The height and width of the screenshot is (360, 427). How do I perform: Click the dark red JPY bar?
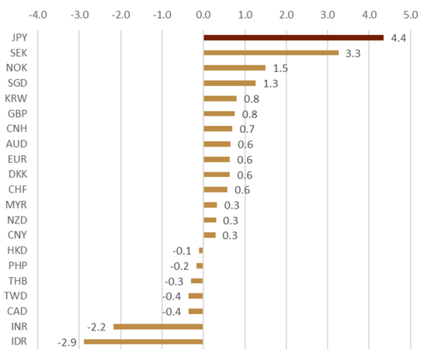click(x=293, y=38)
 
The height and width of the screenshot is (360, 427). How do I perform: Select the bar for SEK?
click(x=271, y=53)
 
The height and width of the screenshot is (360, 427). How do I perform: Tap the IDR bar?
click(x=144, y=342)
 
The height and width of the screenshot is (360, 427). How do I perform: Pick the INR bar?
click(x=158, y=327)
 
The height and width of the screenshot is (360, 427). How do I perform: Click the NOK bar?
click(x=234, y=67)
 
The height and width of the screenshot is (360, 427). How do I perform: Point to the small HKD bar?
click(x=201, y=251)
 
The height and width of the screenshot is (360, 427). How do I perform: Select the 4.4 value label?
click(x=398, y=38)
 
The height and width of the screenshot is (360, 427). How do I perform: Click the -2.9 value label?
click(x=67, y=342)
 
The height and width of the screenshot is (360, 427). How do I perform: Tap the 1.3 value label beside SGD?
click(x=271, y=84)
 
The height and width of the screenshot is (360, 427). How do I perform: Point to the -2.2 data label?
click(x=96, y=327)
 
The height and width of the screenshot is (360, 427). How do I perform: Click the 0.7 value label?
click(x=247, y=129)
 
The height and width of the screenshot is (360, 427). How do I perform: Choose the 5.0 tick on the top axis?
click(x=411, y=15)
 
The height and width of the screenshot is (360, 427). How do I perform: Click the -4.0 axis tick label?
click(x=38, y=15)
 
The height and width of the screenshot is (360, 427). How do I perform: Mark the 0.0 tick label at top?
click(x=203, y=15)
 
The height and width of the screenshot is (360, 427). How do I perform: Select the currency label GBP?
click(x=17, y=113)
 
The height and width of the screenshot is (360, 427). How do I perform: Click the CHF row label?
click(x=18, y=189)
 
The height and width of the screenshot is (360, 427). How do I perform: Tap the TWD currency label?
click(x=16, y=296)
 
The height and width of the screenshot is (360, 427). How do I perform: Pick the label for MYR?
click(x=16, y=205)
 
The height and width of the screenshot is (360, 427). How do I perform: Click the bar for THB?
click(x=197, y=281)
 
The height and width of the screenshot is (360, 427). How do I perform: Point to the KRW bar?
click(x=220, y=99)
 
